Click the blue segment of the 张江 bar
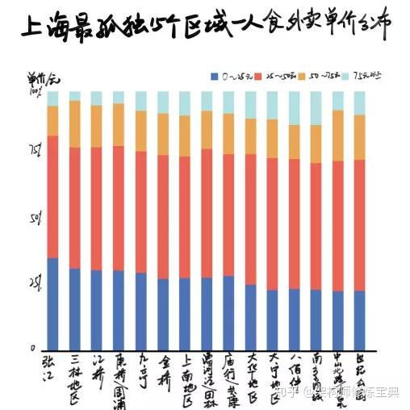(x=53, y=303)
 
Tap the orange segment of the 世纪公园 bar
(x=359, y=137)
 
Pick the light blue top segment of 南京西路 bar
(x=315, y=108)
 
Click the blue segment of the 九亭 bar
(x=140, y=311)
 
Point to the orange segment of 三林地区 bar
(x=75, y=123)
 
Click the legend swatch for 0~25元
(x=214, y=76)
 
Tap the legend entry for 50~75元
(x=323, y=76)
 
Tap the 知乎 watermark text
(x=288, y=393)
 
